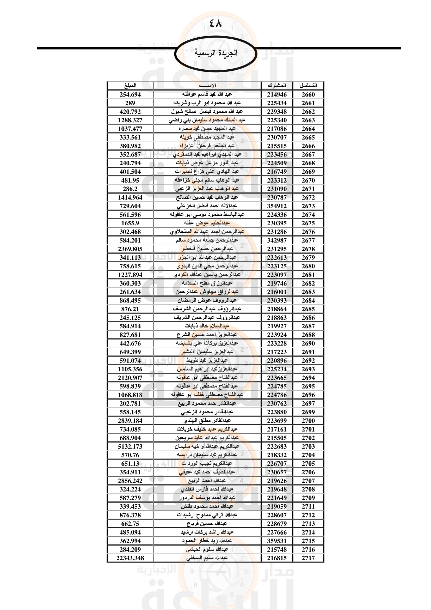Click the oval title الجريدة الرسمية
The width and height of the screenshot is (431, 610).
pos(215,53)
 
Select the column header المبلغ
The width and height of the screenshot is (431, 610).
pos(130,86)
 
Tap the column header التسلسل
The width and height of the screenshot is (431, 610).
pos(308,86)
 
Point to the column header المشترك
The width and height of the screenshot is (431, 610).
pos(277,86)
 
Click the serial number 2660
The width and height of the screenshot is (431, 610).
pos(308,95)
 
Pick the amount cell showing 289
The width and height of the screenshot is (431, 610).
pos(130,103)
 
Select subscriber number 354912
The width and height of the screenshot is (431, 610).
pos(277,206)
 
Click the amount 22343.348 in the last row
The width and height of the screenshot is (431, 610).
pos(130,558)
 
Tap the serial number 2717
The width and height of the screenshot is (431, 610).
pos(308,558)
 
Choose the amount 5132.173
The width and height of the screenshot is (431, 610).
pos(130,446)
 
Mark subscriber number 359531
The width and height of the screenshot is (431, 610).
pos(277,541)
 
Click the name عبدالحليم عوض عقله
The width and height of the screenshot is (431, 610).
pos(207,223)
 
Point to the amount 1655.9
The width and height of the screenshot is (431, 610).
pos(130,223)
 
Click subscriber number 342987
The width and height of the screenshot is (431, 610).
pos(277,240)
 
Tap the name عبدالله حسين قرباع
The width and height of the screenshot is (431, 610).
pos(207,524)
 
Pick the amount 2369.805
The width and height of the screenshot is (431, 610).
pos(130,249)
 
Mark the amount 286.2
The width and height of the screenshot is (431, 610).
pos(130,189)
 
